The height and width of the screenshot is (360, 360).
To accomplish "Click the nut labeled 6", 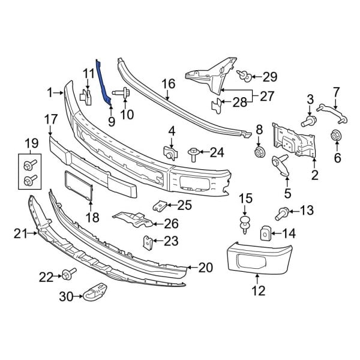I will point(336,136).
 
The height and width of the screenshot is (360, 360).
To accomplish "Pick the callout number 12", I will point(258,292).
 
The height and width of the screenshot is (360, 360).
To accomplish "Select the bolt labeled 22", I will point(66,275).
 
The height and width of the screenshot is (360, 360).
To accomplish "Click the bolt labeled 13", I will point(281,211).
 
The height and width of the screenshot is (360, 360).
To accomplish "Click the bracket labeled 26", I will point(132,219).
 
